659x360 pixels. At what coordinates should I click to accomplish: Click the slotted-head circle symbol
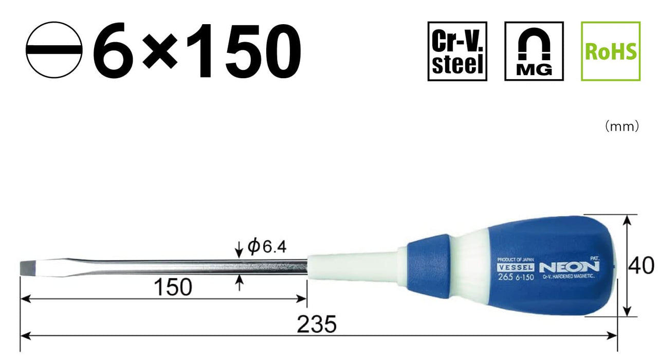coord(54,50)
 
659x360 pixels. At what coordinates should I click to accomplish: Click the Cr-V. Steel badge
coord(457,51)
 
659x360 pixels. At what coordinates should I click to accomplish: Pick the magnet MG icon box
coord(534,51)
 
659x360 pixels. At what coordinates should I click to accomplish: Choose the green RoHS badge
coord(611,51)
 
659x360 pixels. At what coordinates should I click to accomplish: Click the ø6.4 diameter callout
coord(267,248)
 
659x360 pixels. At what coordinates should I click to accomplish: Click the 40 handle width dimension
coord(642,266)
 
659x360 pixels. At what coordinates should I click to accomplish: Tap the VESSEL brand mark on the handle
coord(516,267)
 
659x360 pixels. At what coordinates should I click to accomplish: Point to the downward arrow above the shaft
coord(239,251)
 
